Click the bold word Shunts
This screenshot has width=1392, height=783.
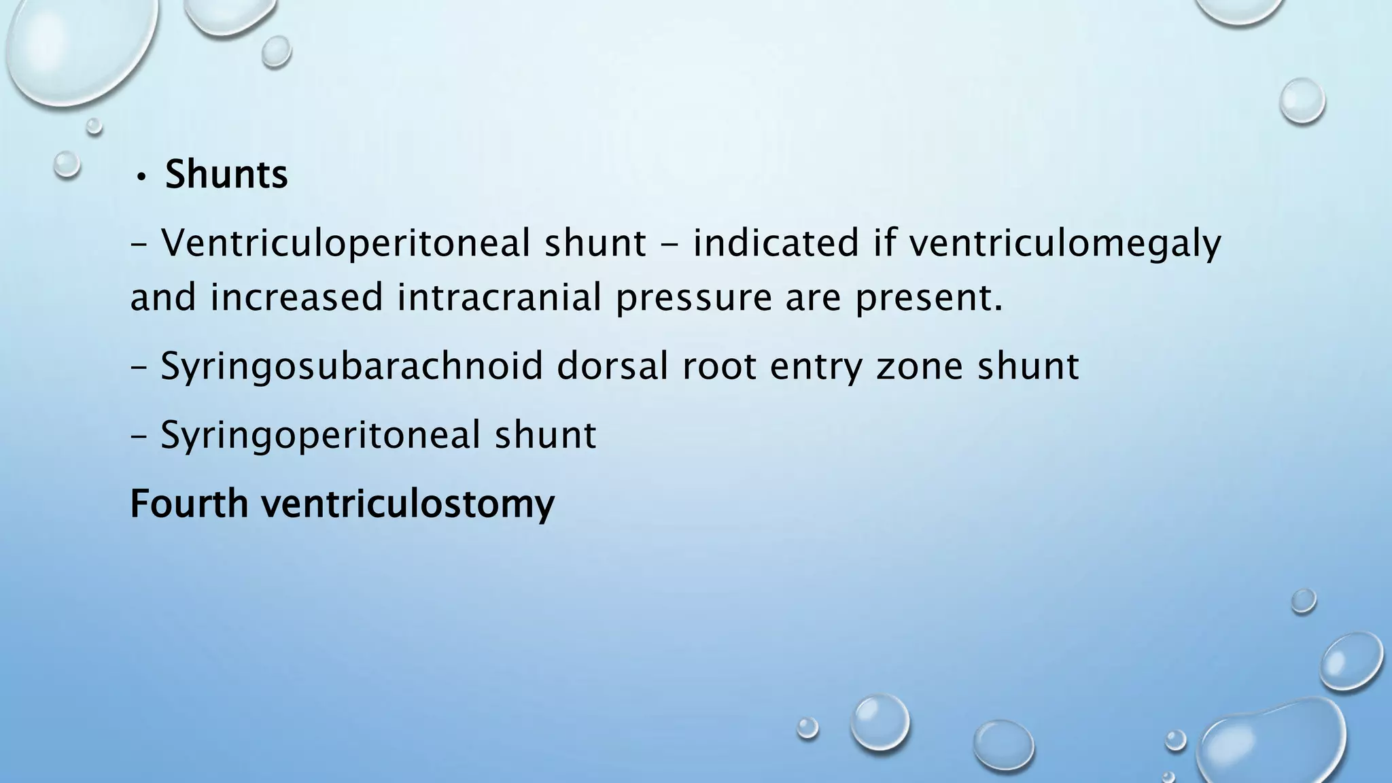(x=226, y=175)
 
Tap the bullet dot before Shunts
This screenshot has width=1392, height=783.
(x=140, y=177)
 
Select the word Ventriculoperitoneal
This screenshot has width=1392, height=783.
(x=345, y=243)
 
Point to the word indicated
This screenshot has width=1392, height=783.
(x=776, y=243)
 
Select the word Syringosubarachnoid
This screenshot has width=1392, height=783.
(x=351, y=367)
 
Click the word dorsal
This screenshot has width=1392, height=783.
(x=614, y=366)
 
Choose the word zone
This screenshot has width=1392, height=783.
(x=920, y=367)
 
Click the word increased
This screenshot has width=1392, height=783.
(x=297, y=298)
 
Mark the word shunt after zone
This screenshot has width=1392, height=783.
(x=1028, y=366)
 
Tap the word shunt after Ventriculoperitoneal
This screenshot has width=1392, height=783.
(x=595, y=243)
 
